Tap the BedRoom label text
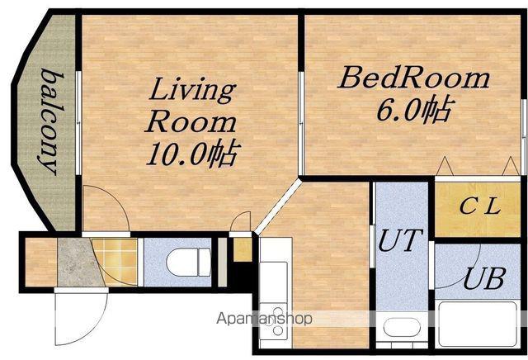click(414, 78)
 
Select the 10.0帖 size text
click(193, 154)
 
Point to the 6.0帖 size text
click(413, 110)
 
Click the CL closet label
click(479, 206)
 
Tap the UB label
click(484, 279)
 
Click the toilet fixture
click(189, 263)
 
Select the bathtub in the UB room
click(478, 324)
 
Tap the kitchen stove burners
click(275, 321)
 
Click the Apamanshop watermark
click(264, 319)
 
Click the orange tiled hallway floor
click(116, 262)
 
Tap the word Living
click(192, 90)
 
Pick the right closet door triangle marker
click(511, 166)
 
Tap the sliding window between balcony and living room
click(78, 123)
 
